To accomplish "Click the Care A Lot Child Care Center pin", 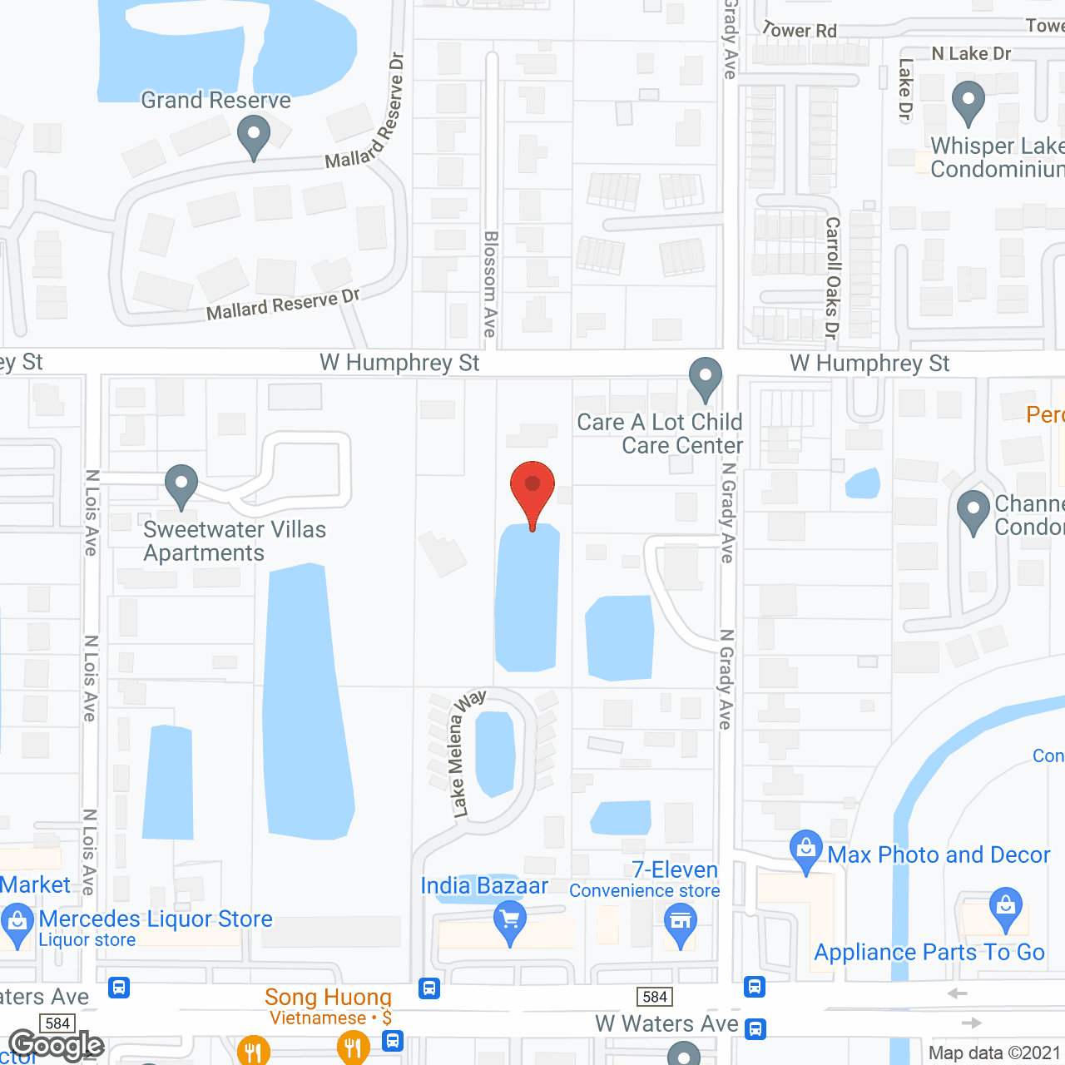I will click(706, 379).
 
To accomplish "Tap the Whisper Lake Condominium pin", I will click(968, 103).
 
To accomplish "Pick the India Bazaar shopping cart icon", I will click(510, 922).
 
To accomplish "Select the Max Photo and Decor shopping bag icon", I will click(805, 850).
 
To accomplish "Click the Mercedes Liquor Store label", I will click(156, 919).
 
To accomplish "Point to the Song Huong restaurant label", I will click(328, 997).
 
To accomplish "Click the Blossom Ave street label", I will click(491, 284).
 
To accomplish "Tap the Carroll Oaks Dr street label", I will click(832, 278).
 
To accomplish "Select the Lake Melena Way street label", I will click(467, 753).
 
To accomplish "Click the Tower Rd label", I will click(800, 30).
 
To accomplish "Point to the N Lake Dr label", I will click(971, 54).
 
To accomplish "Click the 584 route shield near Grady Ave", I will click(655, 997).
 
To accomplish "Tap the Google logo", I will click(56, 1045).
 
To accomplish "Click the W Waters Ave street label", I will click(666, 1023).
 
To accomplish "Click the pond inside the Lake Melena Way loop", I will click(495, 753).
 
